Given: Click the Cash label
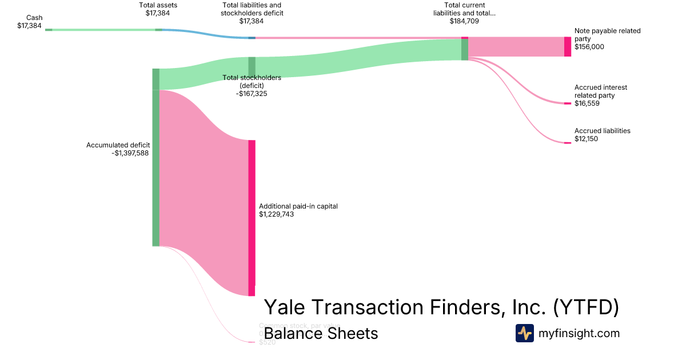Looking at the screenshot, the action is pos(34,18).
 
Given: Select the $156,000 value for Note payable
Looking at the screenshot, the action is pos(589,47).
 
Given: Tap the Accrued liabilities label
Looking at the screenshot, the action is pos(602,131).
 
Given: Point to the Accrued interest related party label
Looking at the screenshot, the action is pos(600,91).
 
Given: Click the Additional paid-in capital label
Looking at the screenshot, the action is pos(298,206).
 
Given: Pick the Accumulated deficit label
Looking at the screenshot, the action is pos(118,145).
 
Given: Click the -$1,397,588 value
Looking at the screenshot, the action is pos(131,153).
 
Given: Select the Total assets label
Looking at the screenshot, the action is pos(158,5).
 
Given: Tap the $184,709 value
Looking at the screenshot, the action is pos(464,21).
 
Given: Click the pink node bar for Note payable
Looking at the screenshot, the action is pos(567,46).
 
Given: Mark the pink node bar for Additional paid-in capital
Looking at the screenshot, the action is pos(252,217).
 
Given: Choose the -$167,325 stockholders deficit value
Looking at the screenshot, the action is pos(252,93).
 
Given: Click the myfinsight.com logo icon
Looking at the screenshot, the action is pos(524,333).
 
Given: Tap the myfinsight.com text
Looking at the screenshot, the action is pos(579,333).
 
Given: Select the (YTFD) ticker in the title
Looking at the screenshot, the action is pos(585,308).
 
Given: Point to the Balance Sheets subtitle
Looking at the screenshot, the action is pos(321,333).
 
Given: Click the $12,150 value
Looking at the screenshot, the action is pos(586,139).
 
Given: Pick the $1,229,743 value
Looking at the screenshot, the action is pos(276,214).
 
